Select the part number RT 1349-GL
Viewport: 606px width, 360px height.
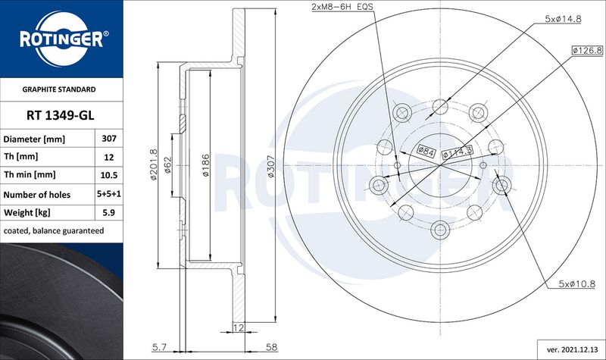[x=61, y=115]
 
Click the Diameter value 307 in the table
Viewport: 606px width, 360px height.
[x=109, y=139]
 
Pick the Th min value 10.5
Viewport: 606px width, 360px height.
[x=109, y=175]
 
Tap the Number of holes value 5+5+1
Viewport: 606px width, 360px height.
[x=109, y=194]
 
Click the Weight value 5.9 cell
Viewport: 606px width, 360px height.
[x=109, y=212]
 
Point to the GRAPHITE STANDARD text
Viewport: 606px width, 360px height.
[x=59, y=89]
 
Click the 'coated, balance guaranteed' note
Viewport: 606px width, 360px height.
[x=54, y=231]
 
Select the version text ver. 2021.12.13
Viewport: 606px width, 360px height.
[x=572, y=349]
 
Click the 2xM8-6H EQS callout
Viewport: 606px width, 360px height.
[x=342, y=7]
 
